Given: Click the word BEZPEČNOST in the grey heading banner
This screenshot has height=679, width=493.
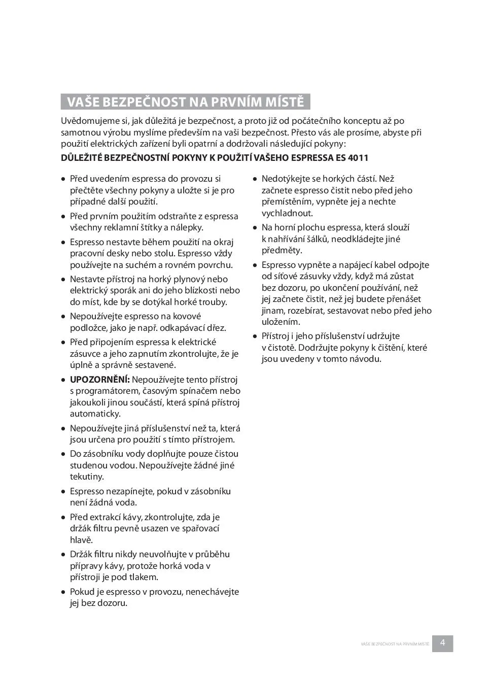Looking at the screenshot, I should click(x=143, y=102).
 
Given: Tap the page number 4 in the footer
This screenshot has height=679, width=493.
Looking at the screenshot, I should click(x=443, y=643).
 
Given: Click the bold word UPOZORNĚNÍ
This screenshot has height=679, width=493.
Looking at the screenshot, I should click(x=100, y=380).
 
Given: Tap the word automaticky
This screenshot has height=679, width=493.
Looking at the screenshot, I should click(x=95, y=414).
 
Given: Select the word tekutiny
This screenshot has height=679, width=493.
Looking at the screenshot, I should click(x=87, y=477).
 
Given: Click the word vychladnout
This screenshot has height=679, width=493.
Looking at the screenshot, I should click(x=287, y=214).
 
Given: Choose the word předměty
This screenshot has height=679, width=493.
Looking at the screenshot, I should click(x=282, y=251).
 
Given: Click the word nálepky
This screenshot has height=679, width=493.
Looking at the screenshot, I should click(x=187, y=228).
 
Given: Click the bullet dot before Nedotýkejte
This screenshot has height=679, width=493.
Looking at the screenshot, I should click(x=255, y=179).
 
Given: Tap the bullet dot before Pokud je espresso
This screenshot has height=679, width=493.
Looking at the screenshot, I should click(x=63, y=592).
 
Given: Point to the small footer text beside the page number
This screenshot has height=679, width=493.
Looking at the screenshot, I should click(x=395, y=644).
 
